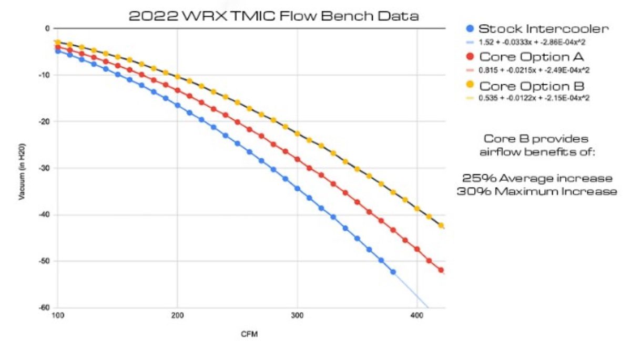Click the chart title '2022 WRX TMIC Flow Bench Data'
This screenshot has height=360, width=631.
point(273,16)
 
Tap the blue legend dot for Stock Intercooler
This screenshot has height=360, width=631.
point(470,29)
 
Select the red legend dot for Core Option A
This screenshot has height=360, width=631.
point(470,56)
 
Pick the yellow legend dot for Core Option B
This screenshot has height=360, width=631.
point(470,85)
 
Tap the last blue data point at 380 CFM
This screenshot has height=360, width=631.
point(393,272)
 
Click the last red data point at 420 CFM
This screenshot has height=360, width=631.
point(441,270)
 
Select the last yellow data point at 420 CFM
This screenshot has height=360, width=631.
point(441,225)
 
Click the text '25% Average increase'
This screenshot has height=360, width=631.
point(536,177)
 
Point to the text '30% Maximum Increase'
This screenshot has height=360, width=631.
point(536,191)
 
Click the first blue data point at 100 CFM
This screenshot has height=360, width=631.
point(58,51)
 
